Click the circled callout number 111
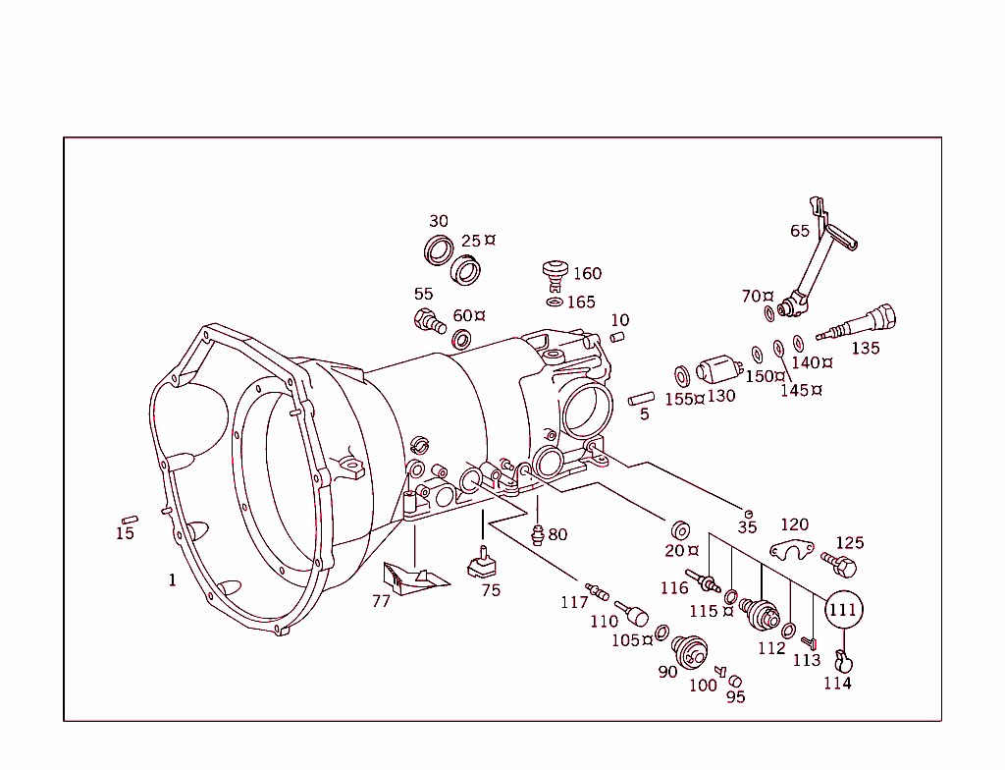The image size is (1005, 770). point(843,610)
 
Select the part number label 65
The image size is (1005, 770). point(800,231)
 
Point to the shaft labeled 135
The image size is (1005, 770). point(860,324)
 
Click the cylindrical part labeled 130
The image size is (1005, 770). point(716,371)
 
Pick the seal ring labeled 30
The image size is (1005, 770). point(438,249)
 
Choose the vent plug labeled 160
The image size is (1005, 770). point(556,272)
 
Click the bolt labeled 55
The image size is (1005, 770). point(429,320)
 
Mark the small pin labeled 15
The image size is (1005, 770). point(128,519)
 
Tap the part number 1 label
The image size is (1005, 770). point(173,580)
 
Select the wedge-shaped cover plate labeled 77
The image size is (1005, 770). point(412,577)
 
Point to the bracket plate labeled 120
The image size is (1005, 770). point(792,551)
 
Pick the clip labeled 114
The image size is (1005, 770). point(840,659)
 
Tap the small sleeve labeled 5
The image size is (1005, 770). point(642,398)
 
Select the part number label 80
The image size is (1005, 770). point(557,535)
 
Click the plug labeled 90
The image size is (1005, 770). point(690,651)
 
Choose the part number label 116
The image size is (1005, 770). point(674,588)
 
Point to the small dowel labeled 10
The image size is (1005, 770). point(617,337)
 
